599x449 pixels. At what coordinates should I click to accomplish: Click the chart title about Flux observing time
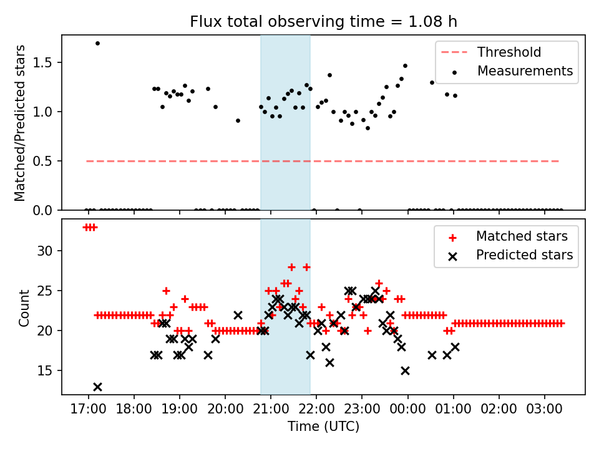[x=323, y=22]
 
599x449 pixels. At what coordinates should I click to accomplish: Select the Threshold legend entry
[x=509, y=52]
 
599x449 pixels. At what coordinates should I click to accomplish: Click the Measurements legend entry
[x=525, y=71]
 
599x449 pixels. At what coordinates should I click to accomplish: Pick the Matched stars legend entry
[x=522, y=236]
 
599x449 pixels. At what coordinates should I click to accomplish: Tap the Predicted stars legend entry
[x=524, y=255]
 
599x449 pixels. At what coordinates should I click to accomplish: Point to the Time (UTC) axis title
[x=323, y=427]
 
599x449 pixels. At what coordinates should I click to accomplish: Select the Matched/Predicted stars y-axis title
[x=20, y=123]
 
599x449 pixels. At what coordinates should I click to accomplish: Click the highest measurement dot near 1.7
[x=97, y=43]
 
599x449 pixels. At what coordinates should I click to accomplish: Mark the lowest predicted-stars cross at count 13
[x=97, y=387]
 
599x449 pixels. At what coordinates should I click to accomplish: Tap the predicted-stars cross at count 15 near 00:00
[x=405, y=370]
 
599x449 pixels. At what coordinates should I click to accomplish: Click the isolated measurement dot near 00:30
[x=432, y=82]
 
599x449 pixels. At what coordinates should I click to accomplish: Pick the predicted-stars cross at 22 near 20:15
[x=238, y=315]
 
